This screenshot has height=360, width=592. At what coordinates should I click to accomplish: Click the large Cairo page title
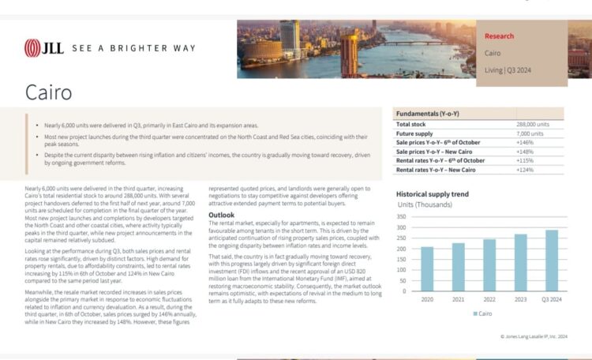(49, 92)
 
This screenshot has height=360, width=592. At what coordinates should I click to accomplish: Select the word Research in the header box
(499, 36)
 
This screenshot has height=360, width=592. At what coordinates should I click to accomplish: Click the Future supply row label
(415, 134)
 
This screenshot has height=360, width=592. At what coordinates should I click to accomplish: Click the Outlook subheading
(221, 216)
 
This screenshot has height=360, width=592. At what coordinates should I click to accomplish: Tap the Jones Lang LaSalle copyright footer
(534, 336)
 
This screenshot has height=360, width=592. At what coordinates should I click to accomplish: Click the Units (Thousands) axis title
(424, 205)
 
